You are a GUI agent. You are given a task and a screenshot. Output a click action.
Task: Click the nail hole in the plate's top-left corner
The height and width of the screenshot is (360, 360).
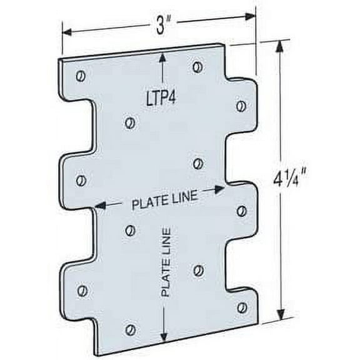[80, 76]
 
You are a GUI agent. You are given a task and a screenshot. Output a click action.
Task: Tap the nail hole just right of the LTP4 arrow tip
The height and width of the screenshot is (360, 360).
[197, 67]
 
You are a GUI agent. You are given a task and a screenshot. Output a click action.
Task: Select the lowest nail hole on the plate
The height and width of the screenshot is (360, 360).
[130, 329]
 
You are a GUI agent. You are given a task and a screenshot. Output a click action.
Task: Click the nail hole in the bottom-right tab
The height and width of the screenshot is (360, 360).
[242, 307]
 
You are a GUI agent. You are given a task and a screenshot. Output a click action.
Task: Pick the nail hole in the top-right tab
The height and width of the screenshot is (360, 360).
[241, 105]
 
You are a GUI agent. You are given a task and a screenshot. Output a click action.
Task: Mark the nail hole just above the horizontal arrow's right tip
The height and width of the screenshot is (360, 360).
[198, 164]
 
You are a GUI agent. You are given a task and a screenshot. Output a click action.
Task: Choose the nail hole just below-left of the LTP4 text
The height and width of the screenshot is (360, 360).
[130, 123]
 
